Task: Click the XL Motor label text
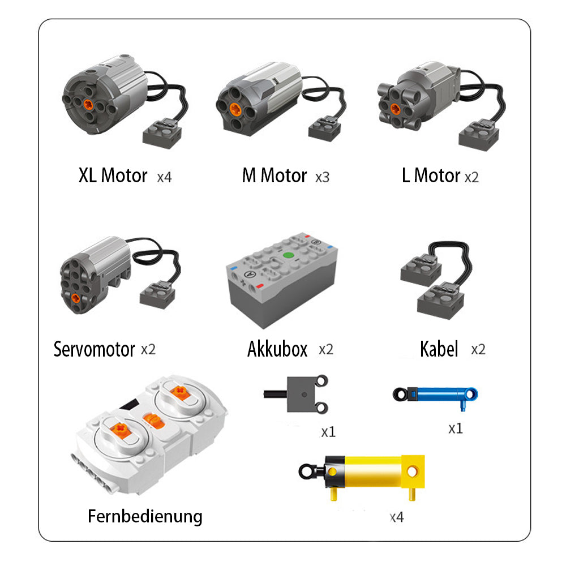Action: (113, 176)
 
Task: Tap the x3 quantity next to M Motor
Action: (322, 177)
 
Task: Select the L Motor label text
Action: (431, 176)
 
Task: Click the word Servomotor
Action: (94, 349)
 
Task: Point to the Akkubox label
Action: (277, 349)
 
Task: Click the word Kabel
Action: (439, 349)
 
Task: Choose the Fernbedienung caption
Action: (145, 516)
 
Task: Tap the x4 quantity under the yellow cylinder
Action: (396, 517)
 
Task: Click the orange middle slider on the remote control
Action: (153, 419)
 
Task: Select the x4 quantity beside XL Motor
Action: (164, 177)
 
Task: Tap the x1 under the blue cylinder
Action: (455, 428)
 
